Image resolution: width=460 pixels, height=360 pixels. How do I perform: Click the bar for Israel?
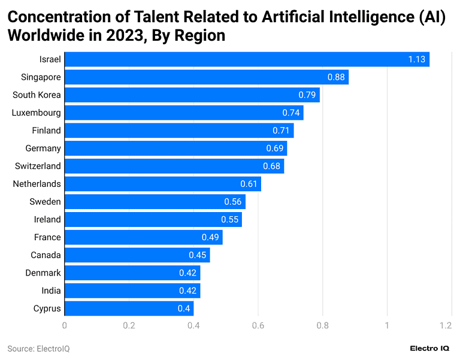tap(247, 59)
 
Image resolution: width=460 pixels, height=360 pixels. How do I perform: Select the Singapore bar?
tap(206, 77)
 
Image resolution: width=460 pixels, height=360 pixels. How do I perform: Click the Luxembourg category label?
tap(37, 113)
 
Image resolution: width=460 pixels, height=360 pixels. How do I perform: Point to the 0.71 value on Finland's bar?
tap(281, 131)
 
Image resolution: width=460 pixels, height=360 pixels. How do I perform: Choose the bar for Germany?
tap(175, 148)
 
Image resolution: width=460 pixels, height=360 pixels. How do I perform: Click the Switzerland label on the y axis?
tap(38, 166)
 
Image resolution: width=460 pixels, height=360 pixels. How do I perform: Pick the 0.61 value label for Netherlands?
tap(249, 184)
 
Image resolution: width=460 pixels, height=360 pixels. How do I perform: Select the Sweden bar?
tap(155, 202)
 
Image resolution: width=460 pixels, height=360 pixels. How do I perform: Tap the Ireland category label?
tap(47, 219)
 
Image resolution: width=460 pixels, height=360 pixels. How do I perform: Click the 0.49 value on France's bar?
tap(210, 237)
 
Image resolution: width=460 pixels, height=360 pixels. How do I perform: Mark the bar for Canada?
tap(137, 255)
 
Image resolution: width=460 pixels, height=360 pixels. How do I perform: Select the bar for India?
tap(132, 291)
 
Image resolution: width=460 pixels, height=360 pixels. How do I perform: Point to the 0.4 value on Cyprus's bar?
tap(184, 308)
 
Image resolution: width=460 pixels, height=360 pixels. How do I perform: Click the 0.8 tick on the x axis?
tap(322, 326)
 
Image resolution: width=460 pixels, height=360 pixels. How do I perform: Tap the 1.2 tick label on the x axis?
tap(444, 326)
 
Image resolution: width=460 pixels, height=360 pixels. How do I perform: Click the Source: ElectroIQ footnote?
tap(38, 349)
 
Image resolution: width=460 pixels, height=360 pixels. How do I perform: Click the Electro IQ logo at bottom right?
tap(431, 349)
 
